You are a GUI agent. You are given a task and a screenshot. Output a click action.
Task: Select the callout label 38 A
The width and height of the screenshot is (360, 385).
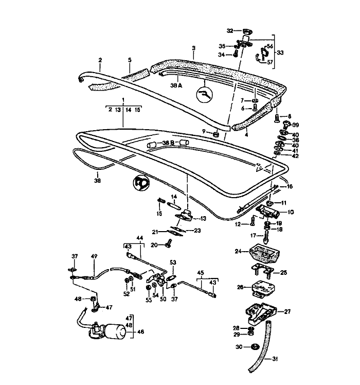tap(176, 86)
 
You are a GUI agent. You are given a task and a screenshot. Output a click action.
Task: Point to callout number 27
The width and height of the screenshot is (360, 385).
tap(287, 311)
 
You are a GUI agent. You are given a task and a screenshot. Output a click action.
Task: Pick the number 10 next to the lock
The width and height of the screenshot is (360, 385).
tap(290, 212)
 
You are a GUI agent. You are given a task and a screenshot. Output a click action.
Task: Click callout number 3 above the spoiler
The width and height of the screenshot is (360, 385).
tap(193, 48)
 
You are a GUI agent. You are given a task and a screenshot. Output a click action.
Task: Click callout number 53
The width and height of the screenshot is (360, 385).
tap(173, 262)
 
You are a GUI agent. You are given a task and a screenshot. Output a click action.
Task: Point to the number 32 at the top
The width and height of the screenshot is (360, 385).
tap(230, 30)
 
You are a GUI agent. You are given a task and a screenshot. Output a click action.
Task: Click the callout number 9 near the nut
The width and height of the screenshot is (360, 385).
tap(204, 132)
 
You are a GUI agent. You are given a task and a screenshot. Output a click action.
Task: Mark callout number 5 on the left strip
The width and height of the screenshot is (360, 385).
tap(130, 60)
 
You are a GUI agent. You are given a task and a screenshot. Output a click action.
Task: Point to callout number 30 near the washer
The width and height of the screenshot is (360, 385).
tap(239, 347)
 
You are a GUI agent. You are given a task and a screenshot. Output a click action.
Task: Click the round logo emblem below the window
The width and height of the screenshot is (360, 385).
tap(140, 183)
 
